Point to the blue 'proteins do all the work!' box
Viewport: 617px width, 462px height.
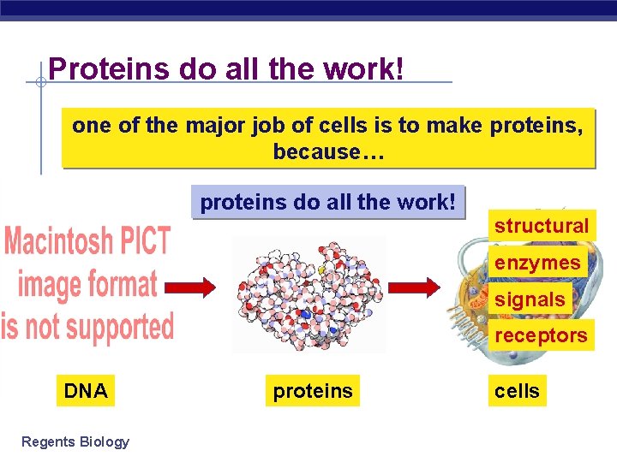pyautogui.click(x=327, y=203)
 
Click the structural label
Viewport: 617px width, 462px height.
pyautogui.click(x=542, y=226)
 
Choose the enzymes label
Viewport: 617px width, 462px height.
pyautogui.click(x=537, y=263)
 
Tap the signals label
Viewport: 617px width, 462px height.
pyautogui.click(x=530, y=299)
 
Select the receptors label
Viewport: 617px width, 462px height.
pyautogui.click(x=542, y=335)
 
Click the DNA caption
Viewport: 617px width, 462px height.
pyautogui.click(x=86, y=391)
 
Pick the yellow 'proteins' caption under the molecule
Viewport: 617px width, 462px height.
pyautogui.click(x=313, y=391)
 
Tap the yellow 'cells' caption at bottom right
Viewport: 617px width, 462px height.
pyautogui.click(x=517, y=391)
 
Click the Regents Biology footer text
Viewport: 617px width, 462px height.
pyautogui.click(x=75, y=441)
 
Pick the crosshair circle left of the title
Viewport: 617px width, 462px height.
pyautogui.click(x=39, y=83)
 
